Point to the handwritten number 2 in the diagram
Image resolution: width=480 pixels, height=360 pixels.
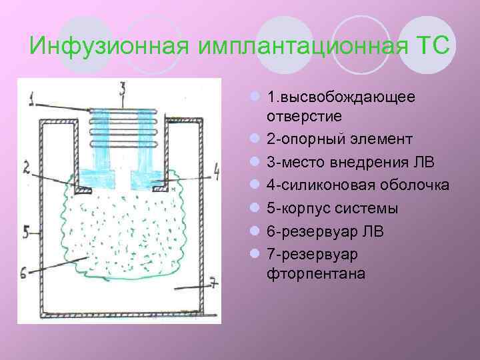26,168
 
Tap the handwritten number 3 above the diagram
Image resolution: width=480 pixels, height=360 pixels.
122,87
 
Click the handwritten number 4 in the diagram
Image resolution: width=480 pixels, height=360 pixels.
215,175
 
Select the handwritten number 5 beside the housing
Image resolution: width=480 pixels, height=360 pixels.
26,231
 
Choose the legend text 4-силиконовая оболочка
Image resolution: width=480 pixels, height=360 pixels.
357,185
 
